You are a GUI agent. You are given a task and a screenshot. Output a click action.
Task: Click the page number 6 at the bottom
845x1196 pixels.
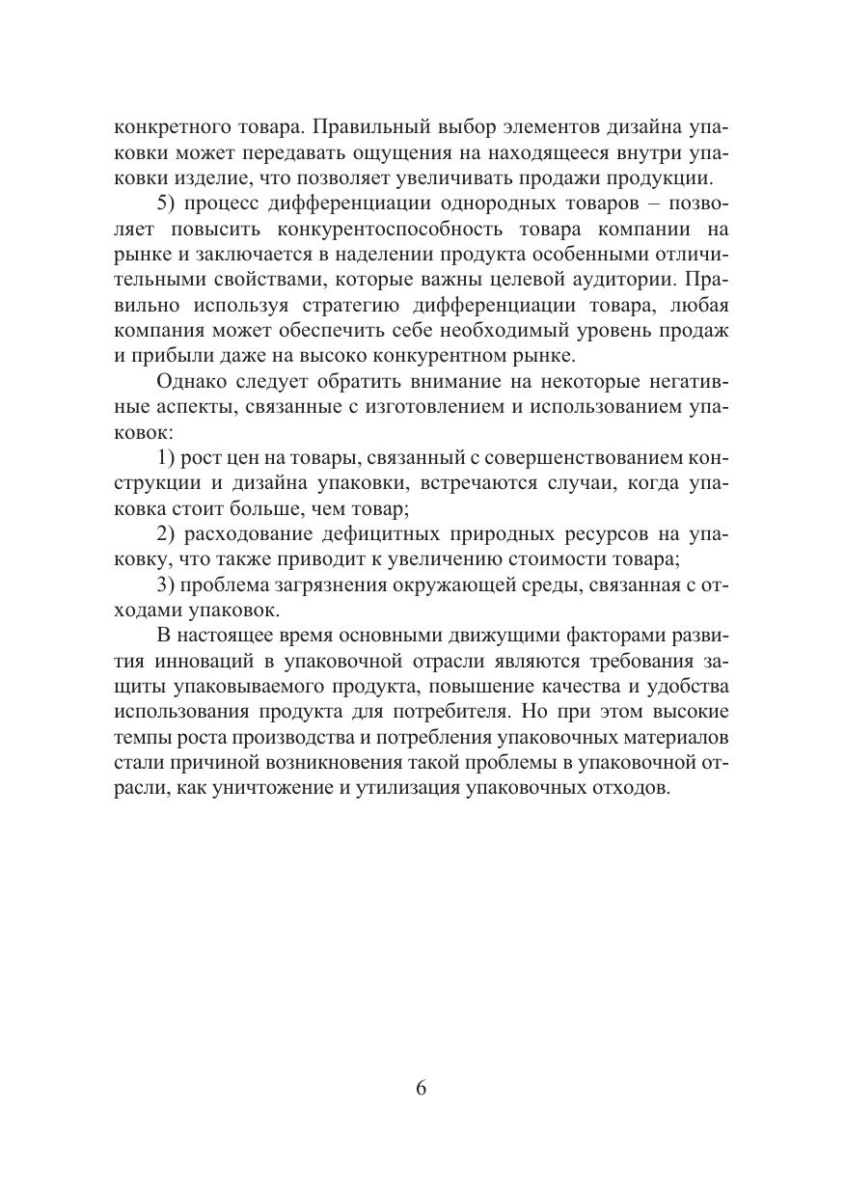click(x=422, y=1087)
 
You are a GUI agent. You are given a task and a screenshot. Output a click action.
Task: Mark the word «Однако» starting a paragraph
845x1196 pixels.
click(x=191, y=381)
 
